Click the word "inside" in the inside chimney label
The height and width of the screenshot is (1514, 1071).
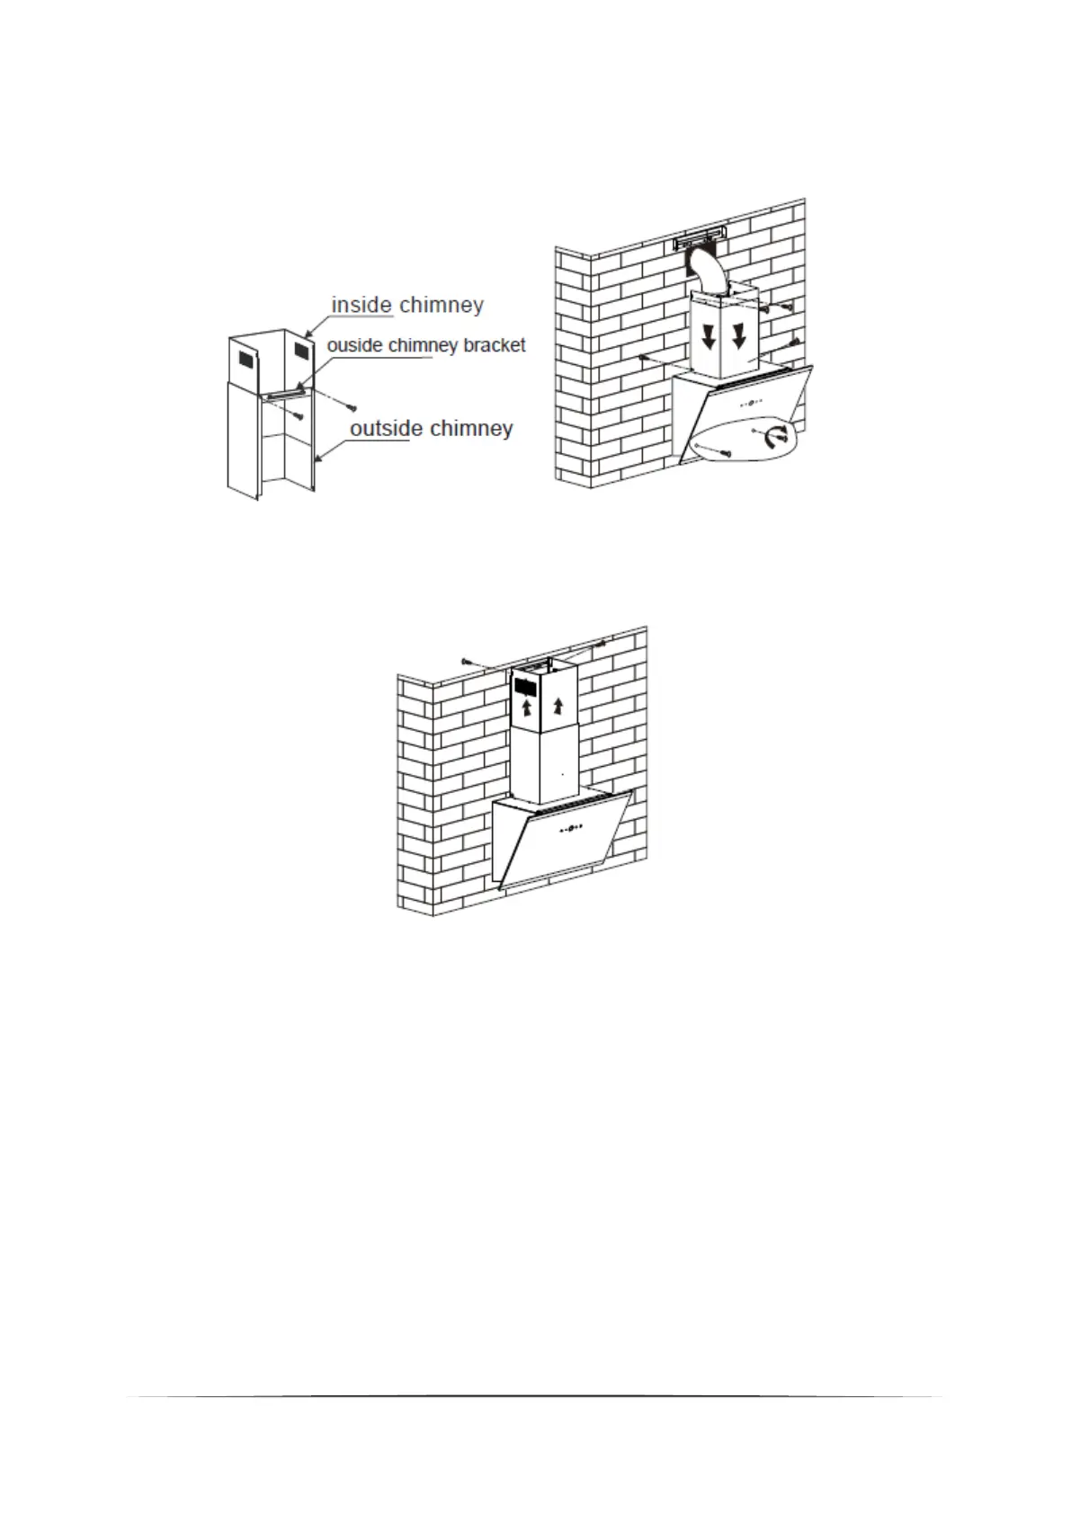pos(361,306)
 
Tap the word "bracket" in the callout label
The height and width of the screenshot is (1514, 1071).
pos(492,345)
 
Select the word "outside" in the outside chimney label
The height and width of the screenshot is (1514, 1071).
pos(386,429)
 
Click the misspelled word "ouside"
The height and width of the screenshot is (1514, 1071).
pos(355,345)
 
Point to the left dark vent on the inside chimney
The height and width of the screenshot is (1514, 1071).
pos(245,360)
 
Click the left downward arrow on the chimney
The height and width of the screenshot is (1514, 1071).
pos(710,337)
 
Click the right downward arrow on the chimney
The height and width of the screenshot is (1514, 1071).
pos(739,336)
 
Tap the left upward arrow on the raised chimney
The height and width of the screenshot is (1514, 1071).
pos(527,708)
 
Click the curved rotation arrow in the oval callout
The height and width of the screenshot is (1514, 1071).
pos(775,438)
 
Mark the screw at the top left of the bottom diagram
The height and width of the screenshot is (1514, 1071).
pos(466,661)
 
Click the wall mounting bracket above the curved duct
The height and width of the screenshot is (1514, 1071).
pos(700,242)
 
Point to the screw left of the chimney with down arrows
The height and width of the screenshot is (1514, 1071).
pos(644,358)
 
